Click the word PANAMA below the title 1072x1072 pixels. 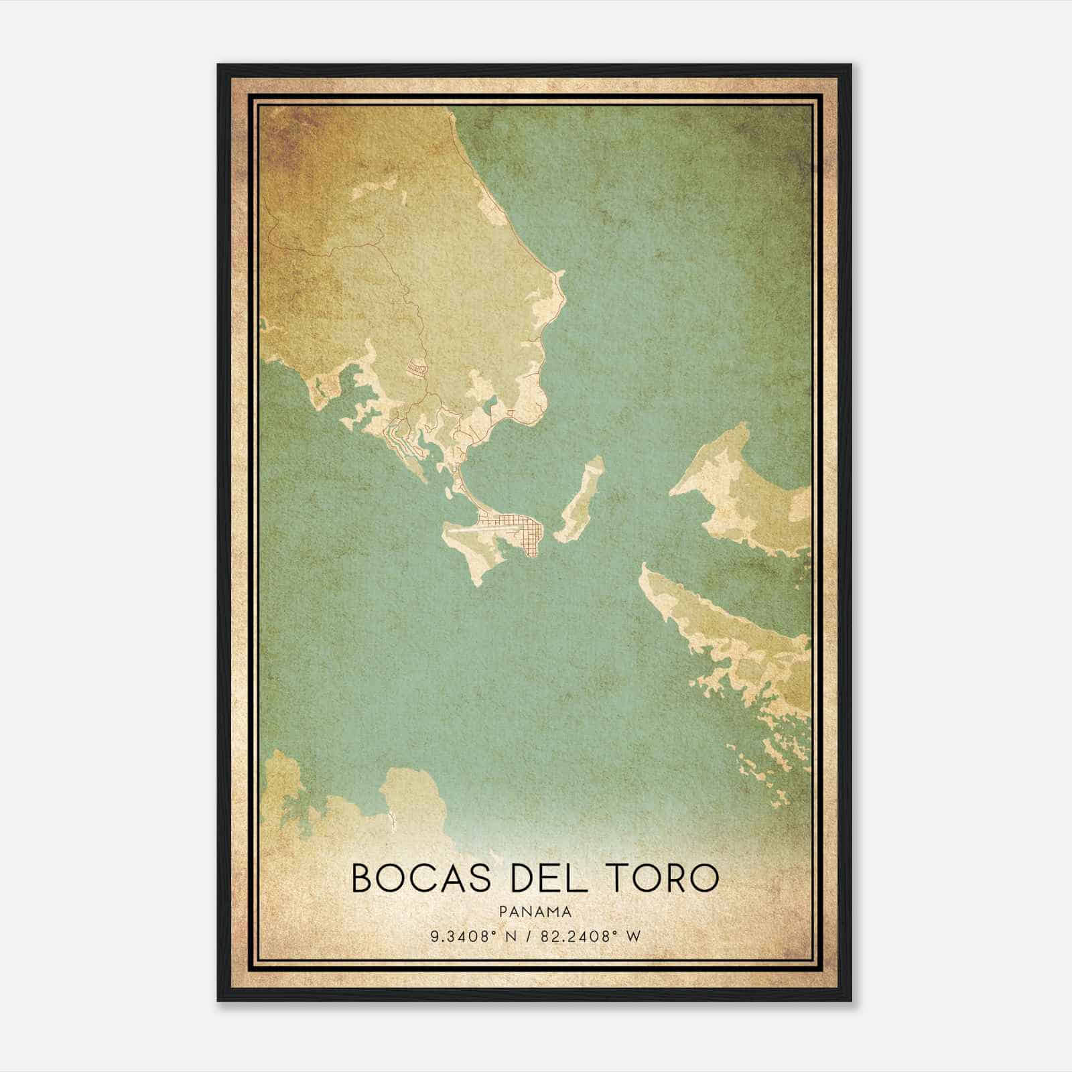click(x=535, y=912)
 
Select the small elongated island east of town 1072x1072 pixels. click(x=580, y=500)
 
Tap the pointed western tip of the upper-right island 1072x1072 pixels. click(x=671, y=493)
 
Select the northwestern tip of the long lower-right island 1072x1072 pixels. click(x=644, y=566)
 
